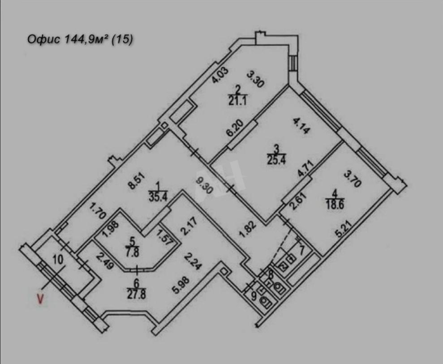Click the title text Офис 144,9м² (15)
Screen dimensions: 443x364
click(x=80, y=39)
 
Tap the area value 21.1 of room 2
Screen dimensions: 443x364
click(x=237, y=101)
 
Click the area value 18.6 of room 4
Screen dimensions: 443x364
click(x=335, y=205)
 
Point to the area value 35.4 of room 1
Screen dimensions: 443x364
click(x=158, y=197)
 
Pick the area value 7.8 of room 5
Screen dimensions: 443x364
click(x=133, y=252)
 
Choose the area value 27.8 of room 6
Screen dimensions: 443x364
click(x=137, y=295)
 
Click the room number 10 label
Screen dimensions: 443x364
click(x=58, y=259)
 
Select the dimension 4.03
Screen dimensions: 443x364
click(x=219, y=75)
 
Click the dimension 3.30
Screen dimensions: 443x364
click(x=256, y=79)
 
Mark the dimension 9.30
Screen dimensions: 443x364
click(x=204, y=185)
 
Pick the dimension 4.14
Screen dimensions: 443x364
click(x=302, y=125)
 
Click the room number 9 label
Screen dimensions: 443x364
click(x=254, y=296)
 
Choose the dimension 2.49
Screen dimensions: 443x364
click(x=105, y=261)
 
